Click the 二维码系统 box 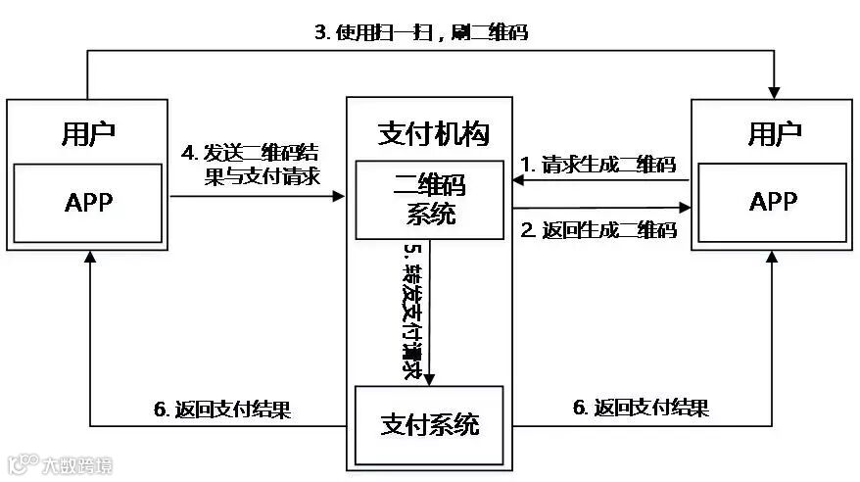423,200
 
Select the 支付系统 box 430,425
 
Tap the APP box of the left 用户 88,203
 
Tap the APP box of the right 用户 774,203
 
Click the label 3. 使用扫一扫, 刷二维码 420,32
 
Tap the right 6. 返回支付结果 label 640,407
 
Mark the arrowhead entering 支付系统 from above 428,379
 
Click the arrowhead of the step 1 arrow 518,181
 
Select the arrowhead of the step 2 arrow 685,208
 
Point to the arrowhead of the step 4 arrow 340,197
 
